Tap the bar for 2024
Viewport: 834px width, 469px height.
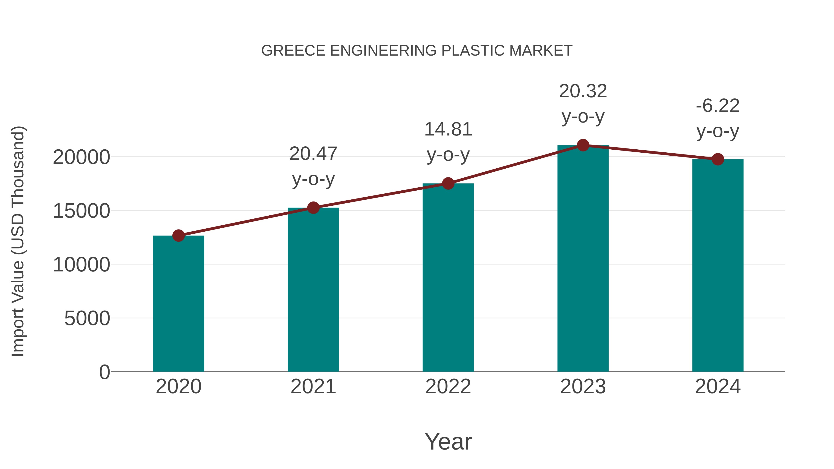tap(718, 265)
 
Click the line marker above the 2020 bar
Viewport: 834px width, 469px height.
tap(178, 236)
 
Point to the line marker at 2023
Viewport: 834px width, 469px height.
tap(583, 145)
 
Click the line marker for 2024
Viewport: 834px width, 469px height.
tap(718, 159)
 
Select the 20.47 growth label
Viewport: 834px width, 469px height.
tap(313, 154)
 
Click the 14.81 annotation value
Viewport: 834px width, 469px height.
tap(448, 129)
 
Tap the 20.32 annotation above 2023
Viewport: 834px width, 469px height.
tap(583, 91)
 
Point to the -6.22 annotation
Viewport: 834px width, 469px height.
tap(718, 106)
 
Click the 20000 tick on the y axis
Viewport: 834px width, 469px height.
tap(81, 158)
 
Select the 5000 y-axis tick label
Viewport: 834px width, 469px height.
tap(87, 318)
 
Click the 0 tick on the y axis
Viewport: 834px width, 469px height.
tap(104, 372)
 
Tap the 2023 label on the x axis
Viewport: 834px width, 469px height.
tap(583, 387)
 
